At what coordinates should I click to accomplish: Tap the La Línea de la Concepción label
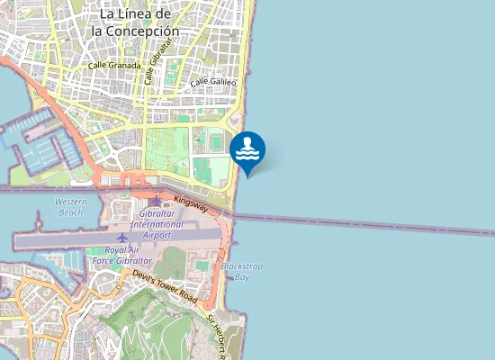[x=135, y=22]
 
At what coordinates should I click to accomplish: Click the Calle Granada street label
[x=114, y=65]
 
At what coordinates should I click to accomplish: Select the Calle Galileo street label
[x=213, y=82]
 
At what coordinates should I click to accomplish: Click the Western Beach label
[x=70, y=206]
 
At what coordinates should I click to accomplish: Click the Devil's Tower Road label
[x=165, y=284]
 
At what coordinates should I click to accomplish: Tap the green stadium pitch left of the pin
[x=215, y=140]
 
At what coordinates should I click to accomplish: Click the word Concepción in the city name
[x=135, y=30]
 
